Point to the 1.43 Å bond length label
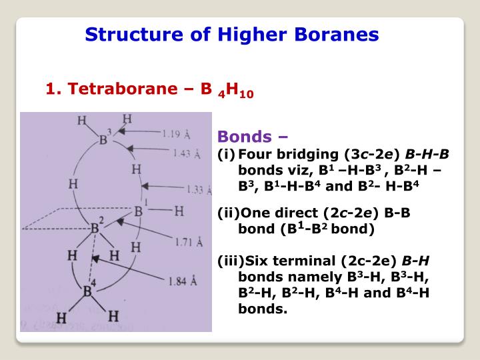pyautogui.click(x=186, y=154)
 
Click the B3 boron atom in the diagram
pyautogui.click(x=105, y=140)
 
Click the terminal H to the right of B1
pyautogui.click(x=179, y=211)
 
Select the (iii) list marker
pyautogui.click(x=229, y=260)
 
